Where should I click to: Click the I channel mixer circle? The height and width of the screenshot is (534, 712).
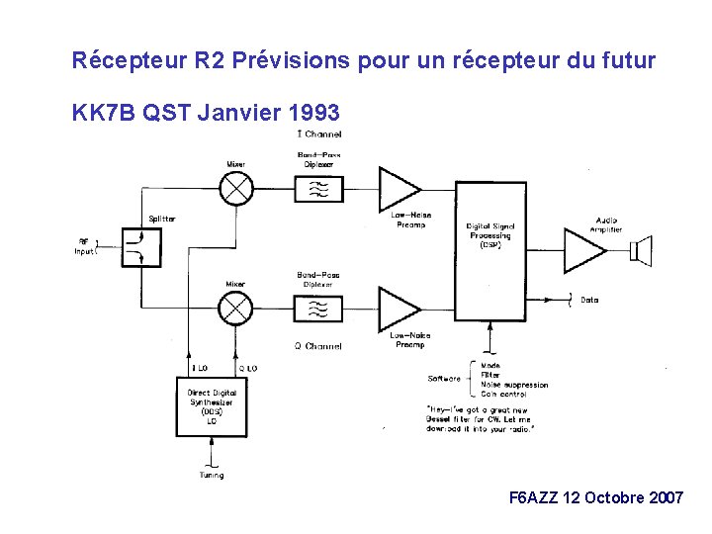click(236, 187)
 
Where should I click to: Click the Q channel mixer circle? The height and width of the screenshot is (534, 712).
click(235, 310)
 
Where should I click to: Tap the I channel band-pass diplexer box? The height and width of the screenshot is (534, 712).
click(319, 188)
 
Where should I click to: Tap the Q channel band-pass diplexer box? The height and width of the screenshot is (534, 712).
click(319, 311)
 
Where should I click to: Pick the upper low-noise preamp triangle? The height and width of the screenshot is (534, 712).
click(399, 188)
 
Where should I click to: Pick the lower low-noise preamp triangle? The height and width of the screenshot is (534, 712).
click(399, 310)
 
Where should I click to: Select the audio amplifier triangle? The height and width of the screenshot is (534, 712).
click(584, 249)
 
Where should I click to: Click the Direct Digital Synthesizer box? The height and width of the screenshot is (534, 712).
click(213, 406)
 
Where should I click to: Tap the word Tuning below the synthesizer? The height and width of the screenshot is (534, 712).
click(211, 476)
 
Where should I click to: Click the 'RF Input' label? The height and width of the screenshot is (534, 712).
click(86, 246)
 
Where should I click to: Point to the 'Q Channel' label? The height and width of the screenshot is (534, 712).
click(318, 346)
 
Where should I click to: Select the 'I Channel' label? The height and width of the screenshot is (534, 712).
click(318, 134)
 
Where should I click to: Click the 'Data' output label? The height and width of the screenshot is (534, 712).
click(589, 300)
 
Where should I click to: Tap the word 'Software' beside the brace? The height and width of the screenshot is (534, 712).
click(444, 379)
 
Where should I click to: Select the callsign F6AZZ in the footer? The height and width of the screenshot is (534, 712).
click(533, 497)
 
